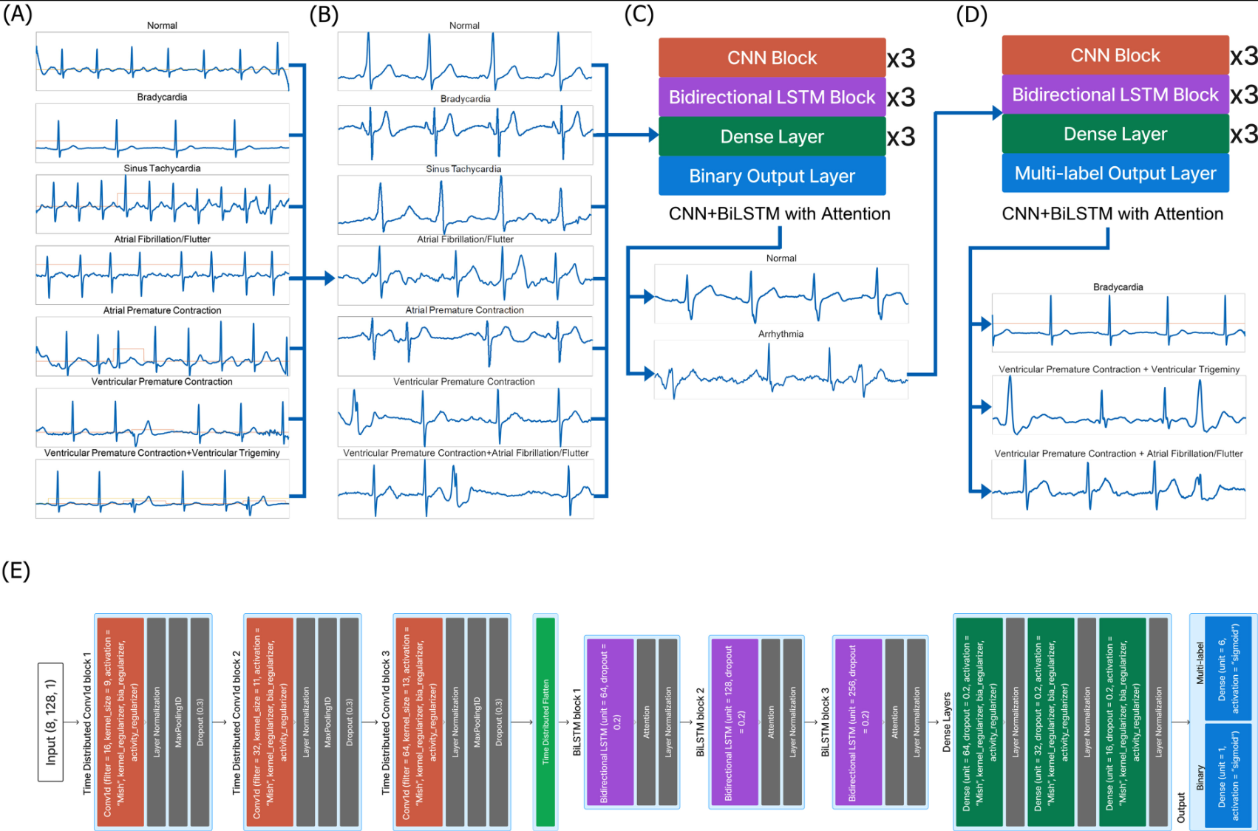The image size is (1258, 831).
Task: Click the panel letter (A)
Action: pyautogui.click(x=18, y=14)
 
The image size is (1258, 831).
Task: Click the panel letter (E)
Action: pyautogui.click(x=16, y=570)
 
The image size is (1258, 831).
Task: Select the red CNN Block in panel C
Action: pyautogui.click(x=772, y=58)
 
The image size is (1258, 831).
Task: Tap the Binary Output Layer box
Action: pyautogui.click(x=772, y=176)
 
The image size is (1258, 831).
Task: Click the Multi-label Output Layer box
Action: pyautogui.click(x=1115, y=174)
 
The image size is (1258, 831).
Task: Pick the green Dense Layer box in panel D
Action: pyautogui.click(x=1115, y=134)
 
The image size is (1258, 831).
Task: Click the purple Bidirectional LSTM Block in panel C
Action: pyautogui.click(x=772, y=98)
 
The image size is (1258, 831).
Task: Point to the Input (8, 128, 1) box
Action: pyautogui.click(x=51, y=722)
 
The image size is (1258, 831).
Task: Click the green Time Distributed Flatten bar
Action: pyautogui.click(x=545, y=722)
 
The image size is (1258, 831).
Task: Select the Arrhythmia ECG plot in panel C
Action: pyautogui.click(x=781, y=370)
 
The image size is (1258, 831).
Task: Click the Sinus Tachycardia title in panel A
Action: pyautogui.click(x=162, y=168)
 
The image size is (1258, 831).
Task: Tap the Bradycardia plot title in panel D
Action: pyautogui.click(x=1118, y=287)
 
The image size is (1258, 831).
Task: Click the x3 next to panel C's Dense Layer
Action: pyautogui.click(x=901, y=137)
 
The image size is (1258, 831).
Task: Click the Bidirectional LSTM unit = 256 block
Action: pyautogui.click(x=858, y=722)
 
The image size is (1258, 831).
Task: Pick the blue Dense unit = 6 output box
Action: pyautogui.click(x=1227, y=668)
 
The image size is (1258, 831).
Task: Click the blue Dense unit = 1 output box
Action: pyautogui.click(x=1227, y=775)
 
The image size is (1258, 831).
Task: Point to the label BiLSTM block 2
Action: pyautogui.click(x=700, y=722)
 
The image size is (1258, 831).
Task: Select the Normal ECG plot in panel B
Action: pyautogui.click(x=464, y=61)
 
